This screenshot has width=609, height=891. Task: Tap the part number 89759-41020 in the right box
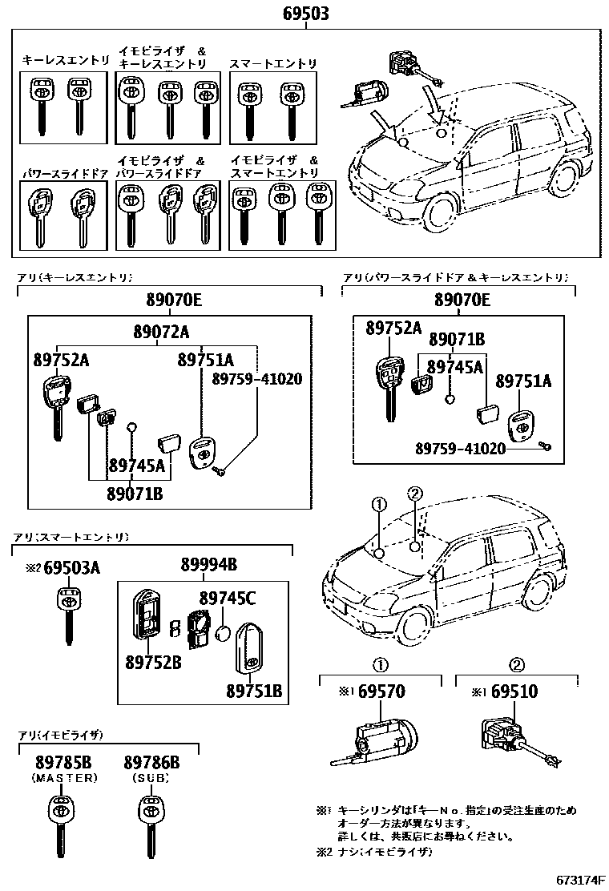(x=460, y=449)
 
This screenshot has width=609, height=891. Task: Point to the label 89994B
(x=208, y=566)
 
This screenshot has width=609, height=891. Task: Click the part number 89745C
(x=228, y=597)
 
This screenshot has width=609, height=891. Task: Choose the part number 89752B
(x=151, y=662)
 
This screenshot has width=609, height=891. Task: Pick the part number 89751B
(x=253, y=690)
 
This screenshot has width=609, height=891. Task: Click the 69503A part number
(x=71, y=568)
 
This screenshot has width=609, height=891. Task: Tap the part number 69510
(x=514, y=691)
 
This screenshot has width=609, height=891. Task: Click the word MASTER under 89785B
(x=64, y=777)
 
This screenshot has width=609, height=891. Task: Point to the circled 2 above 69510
(x=517, y=664)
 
